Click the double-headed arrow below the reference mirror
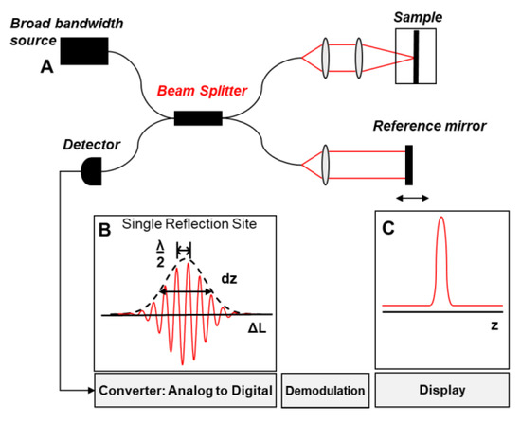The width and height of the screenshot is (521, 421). coord(412,198)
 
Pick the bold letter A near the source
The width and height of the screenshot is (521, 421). coord(46,67)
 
